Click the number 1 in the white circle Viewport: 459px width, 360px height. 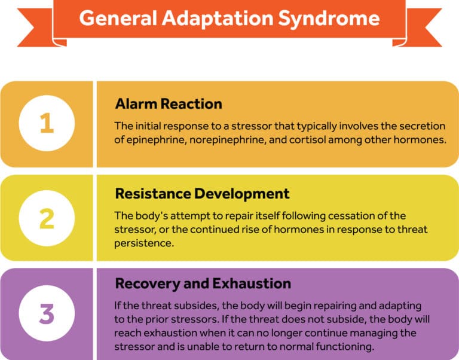coord(47,124)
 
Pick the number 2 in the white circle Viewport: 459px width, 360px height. coord(47,218)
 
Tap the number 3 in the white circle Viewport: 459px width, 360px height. coord(47,313)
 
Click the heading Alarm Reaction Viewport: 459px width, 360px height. coord(169,103)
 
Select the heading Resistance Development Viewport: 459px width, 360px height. coord(202,194)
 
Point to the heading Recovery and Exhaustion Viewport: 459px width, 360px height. coord(203,283)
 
